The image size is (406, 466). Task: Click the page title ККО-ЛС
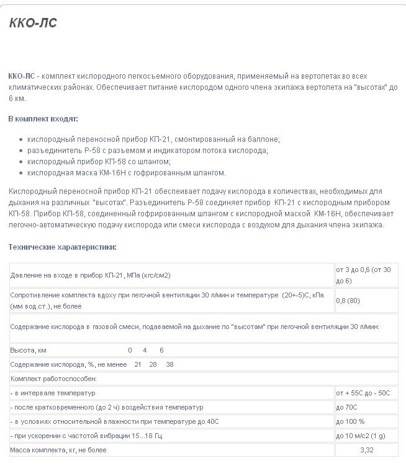(x=33, y=23)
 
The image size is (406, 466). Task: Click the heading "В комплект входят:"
(x=43, y=118)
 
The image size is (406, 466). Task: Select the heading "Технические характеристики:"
(x=62, y=247)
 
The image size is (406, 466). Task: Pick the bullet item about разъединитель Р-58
(x=147, y=150)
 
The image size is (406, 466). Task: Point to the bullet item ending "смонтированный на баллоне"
(x=153, y=139)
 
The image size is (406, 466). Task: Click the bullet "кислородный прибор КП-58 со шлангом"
(x=99, y=161)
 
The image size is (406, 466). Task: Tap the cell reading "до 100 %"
(x=350, y=421)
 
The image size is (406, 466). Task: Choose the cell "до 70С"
(x=346, y=407)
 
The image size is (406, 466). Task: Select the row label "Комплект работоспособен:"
(x=53, y=379)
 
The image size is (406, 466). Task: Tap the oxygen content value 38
(x=170, y=364)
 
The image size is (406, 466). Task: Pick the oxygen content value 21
(x=138, y=364)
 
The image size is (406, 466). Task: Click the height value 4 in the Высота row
(x=145, y=350)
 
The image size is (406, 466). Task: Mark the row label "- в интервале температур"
(x=52, y=393)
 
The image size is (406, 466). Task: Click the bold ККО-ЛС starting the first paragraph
(x=21, y=76)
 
